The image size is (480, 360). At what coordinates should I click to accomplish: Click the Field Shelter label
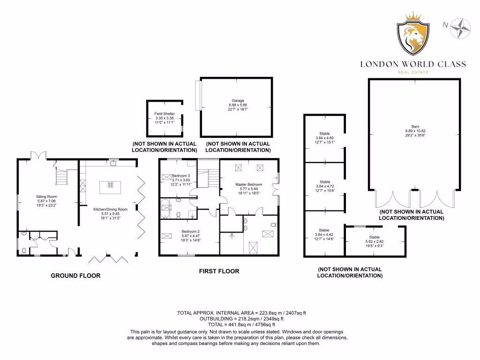point(165,118)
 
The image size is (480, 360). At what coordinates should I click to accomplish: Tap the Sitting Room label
point(46,201)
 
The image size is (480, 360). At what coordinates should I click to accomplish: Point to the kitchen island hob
point(111,184)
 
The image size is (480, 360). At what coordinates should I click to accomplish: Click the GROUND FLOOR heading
point(75,276)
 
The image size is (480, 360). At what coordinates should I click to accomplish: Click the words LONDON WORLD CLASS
point(413,64)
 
